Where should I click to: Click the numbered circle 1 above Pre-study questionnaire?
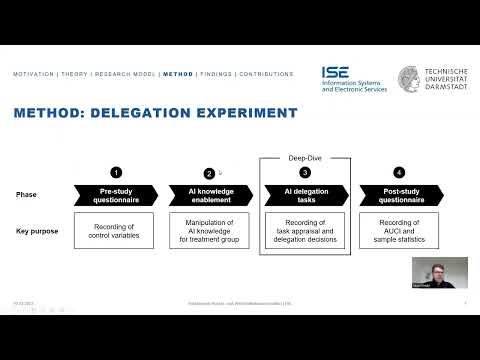pyautogui.click(x=115, y=172)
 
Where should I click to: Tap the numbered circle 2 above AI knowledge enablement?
pyautogui.click(x=208, y=173)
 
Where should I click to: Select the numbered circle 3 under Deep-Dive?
pyautogui.click(x=304, y=172)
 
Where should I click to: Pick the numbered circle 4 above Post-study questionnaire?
pyautogui.click(x=399, y=172)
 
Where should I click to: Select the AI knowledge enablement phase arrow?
pyautogui.click(x=209, y=194)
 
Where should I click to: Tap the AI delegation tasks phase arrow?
pyautogui.click(x=303, y=194)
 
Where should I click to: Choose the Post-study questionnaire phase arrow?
pyautogui.click(x=397, y=194)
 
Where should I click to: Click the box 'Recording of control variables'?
pyautogui.click(x=114, y=230)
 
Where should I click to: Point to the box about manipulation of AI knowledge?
pyautogui.click(x=209, y=230)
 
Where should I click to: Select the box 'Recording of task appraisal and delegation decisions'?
pyautogui.click(x=303, y=230)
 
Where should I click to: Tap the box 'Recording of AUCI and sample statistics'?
pyautogui.click(x=397, y=230)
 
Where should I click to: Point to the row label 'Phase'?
pyautogui.click(x=27, y=194)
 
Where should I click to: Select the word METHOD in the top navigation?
pyautogui.click(x=178, y=74)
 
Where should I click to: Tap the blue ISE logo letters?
pyautogui.click(x=335, y=74)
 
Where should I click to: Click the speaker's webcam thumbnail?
pyautogui.click(x=439, y=272)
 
